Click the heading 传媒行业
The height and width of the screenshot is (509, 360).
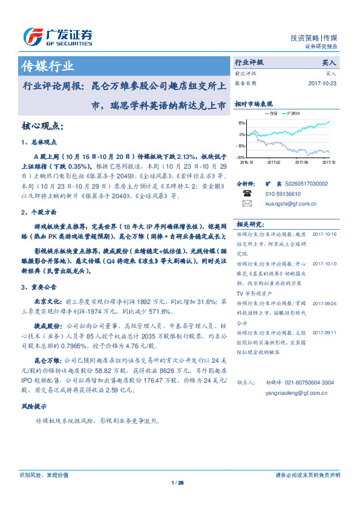coord(47,66)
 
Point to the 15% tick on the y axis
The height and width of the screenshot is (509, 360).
coord(242,123)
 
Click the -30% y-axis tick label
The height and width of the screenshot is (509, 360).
coord(241,157)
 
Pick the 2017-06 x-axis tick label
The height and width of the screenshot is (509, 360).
coord(301,162)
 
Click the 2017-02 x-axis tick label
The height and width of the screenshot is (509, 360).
coord(274,162)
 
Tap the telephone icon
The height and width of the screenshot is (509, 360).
coord(246,193)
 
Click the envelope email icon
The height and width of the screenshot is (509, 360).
coord(246,204)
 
